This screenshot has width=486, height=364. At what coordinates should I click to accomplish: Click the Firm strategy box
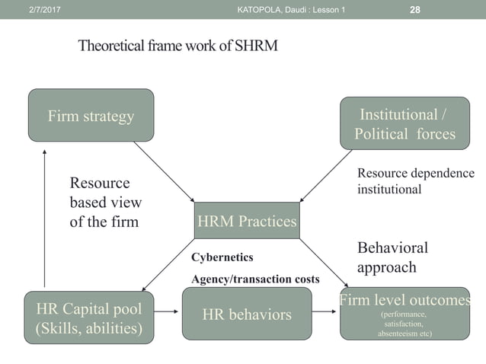coord(91,116)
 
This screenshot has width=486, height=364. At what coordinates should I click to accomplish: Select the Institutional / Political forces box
coord(404,124)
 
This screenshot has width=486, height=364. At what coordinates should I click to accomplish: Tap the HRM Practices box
coord(247,221)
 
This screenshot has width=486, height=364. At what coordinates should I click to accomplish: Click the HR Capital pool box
coord(88,318)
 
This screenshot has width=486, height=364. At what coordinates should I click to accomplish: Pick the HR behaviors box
coord(246,314)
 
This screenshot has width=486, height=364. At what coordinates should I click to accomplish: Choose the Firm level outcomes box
coord(404,314)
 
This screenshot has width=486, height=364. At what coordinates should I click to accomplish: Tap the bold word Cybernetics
coord(222,257)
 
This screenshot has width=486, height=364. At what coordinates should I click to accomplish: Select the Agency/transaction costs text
coord(255,279)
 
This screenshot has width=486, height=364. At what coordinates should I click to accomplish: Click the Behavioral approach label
coord(392,257)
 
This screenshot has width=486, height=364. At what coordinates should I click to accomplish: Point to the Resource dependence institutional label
coord(415,181)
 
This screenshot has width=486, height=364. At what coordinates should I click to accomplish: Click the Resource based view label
coord(105,203)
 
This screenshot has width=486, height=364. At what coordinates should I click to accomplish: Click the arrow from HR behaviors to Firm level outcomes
coord(325,314)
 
